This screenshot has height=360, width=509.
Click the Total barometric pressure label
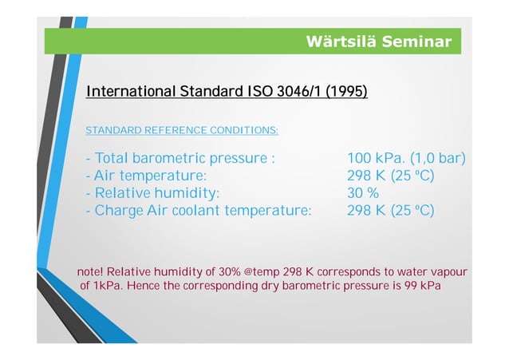[x=180, y=158]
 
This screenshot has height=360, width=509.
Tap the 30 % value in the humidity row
[x=363, y=193]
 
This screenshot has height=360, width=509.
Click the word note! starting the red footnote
[x=89, y=272]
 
